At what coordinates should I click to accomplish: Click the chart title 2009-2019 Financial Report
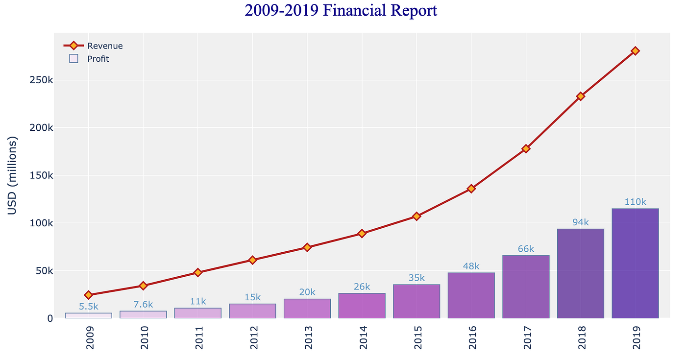tap(341, 11)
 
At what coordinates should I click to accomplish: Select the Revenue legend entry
tap(104, 46)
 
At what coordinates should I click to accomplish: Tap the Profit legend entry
tap(98, 59)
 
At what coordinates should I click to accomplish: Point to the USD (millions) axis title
tap(13, 175)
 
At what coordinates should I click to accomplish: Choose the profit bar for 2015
tap(416, 301)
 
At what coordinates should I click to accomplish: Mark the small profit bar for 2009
tap(88, 315)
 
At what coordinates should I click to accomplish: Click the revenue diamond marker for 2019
tap(635, 51)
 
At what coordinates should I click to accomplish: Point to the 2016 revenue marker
tap(471, 188)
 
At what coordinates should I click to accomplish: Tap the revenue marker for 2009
tap(88, 295)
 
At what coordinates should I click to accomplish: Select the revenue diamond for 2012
tap(252, 260)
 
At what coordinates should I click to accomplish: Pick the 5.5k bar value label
tap(89, 307)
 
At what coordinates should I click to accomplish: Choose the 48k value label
tap(471, 266)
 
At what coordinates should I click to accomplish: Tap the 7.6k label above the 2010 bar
tap(143, 305)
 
